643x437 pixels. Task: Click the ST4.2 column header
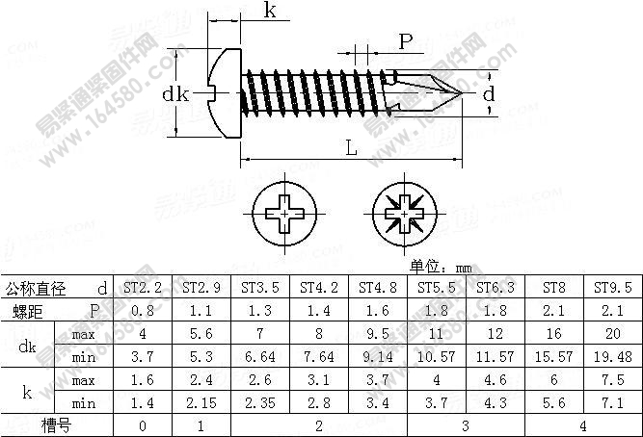tap(319, 288)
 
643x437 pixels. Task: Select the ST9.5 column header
tap(613, 288)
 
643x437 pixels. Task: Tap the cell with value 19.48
tap(613, 357)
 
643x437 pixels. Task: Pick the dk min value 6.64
tap(260, 357)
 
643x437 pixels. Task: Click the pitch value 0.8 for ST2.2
tap(143, 311)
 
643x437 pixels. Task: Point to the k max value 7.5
tap(613, 380)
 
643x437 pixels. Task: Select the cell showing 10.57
tap(437, 357)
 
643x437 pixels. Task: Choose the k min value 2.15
tap(201, 402)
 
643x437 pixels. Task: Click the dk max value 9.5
tap(378, 334)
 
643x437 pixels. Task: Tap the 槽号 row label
tap(56, 424)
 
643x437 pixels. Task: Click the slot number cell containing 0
tap(143, 424)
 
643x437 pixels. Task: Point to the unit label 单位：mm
tap(441, 267)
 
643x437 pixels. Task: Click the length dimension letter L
tap(350, 147)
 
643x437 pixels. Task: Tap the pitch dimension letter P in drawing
tap(405, 40)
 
